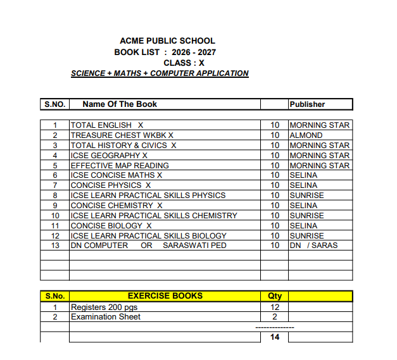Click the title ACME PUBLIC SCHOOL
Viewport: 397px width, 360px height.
(x=167, y=41)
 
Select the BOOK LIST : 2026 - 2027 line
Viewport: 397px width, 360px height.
(x=165, y=52)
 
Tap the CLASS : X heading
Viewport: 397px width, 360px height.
(x=184, y=63)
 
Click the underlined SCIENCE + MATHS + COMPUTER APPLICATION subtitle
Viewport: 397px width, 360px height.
(x=160, y=73)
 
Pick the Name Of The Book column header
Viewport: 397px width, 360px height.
(x=120, y=104)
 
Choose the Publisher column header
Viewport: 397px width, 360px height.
(x=307, y=104)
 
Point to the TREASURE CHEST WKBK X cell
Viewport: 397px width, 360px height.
(x=122, y=135)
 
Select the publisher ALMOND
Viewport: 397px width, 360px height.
(x=306, y=135)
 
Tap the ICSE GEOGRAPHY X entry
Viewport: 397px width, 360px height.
(x=109, y=156)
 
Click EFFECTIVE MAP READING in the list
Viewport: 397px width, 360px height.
(x=120, y=166)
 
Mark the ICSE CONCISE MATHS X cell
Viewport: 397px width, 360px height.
(x=117, y=175)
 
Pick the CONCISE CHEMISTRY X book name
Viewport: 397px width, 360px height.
(x=117, y=206)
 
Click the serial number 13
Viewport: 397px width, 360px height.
(x=55, y=245)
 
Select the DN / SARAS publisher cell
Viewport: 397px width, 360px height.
(x=313, y=245)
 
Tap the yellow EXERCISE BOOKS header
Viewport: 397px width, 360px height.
(x=165, y=295)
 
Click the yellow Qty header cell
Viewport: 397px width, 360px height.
(x=275, y=295)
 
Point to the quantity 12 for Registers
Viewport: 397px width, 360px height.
(x=275, y=307)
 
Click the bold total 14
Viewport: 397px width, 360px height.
(x=275, y=337)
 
